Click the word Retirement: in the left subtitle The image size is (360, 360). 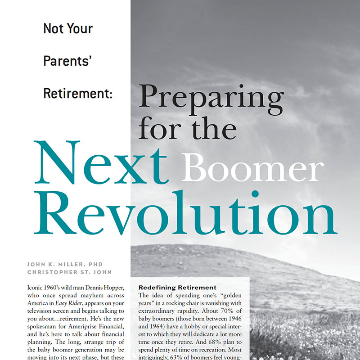coord(77,93)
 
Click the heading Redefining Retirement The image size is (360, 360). coord(177,287)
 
